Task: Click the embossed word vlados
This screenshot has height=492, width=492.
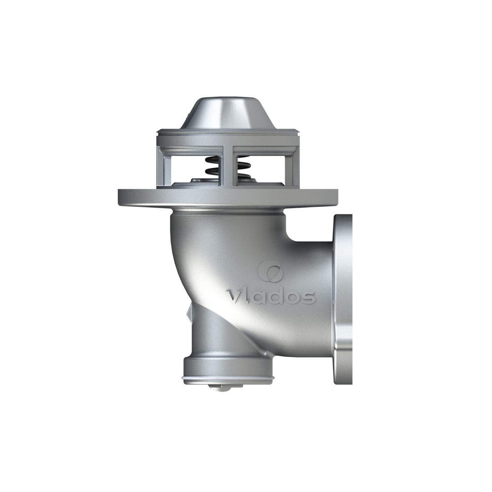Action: [271, 297]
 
